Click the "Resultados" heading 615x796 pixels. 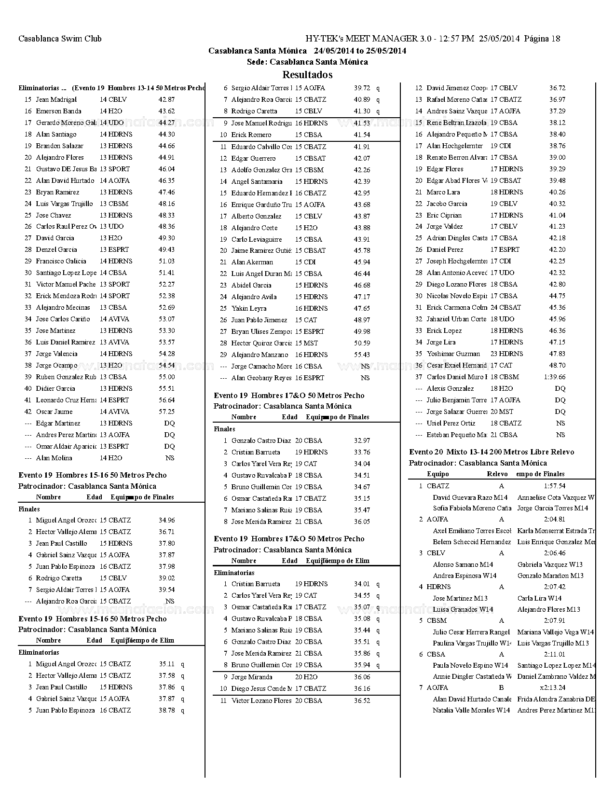[307, 75]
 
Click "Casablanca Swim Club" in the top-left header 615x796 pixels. [60, 39]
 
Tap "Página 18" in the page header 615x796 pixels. [542, 39]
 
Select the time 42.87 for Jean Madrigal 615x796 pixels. [166, 99]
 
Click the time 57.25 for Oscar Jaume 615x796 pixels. [166, 412]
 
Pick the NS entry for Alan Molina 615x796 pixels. [169, 458]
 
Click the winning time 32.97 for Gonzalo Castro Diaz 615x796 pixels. [362, 440]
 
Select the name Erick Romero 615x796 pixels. [251, 135]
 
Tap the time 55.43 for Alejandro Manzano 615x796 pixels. [362, 355]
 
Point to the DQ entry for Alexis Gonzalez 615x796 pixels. [560, 388]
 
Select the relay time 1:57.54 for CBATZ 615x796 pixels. [555, 486]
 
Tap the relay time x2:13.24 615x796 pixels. [553, 687]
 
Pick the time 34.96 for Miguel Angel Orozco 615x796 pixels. [166, 520]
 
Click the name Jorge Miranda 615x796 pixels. [252, 677]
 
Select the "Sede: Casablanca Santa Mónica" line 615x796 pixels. [307, 62]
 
